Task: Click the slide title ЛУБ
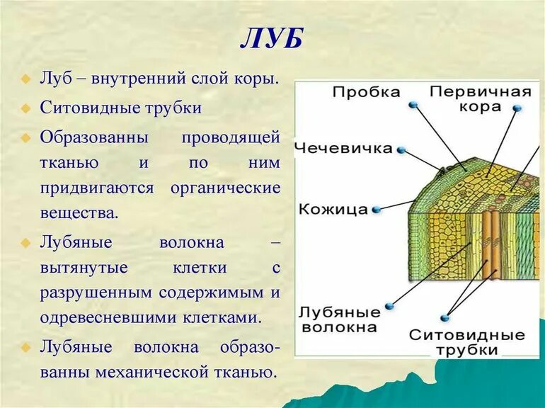click(272, 39)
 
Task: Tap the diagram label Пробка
click(366, 92)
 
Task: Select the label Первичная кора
click(481, 99)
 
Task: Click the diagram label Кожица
click(333, 210)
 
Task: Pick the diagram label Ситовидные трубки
click(467, 342)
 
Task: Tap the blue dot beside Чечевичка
click(401, 149)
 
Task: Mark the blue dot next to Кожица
click(377, 209)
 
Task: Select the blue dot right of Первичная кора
click(517, 108)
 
